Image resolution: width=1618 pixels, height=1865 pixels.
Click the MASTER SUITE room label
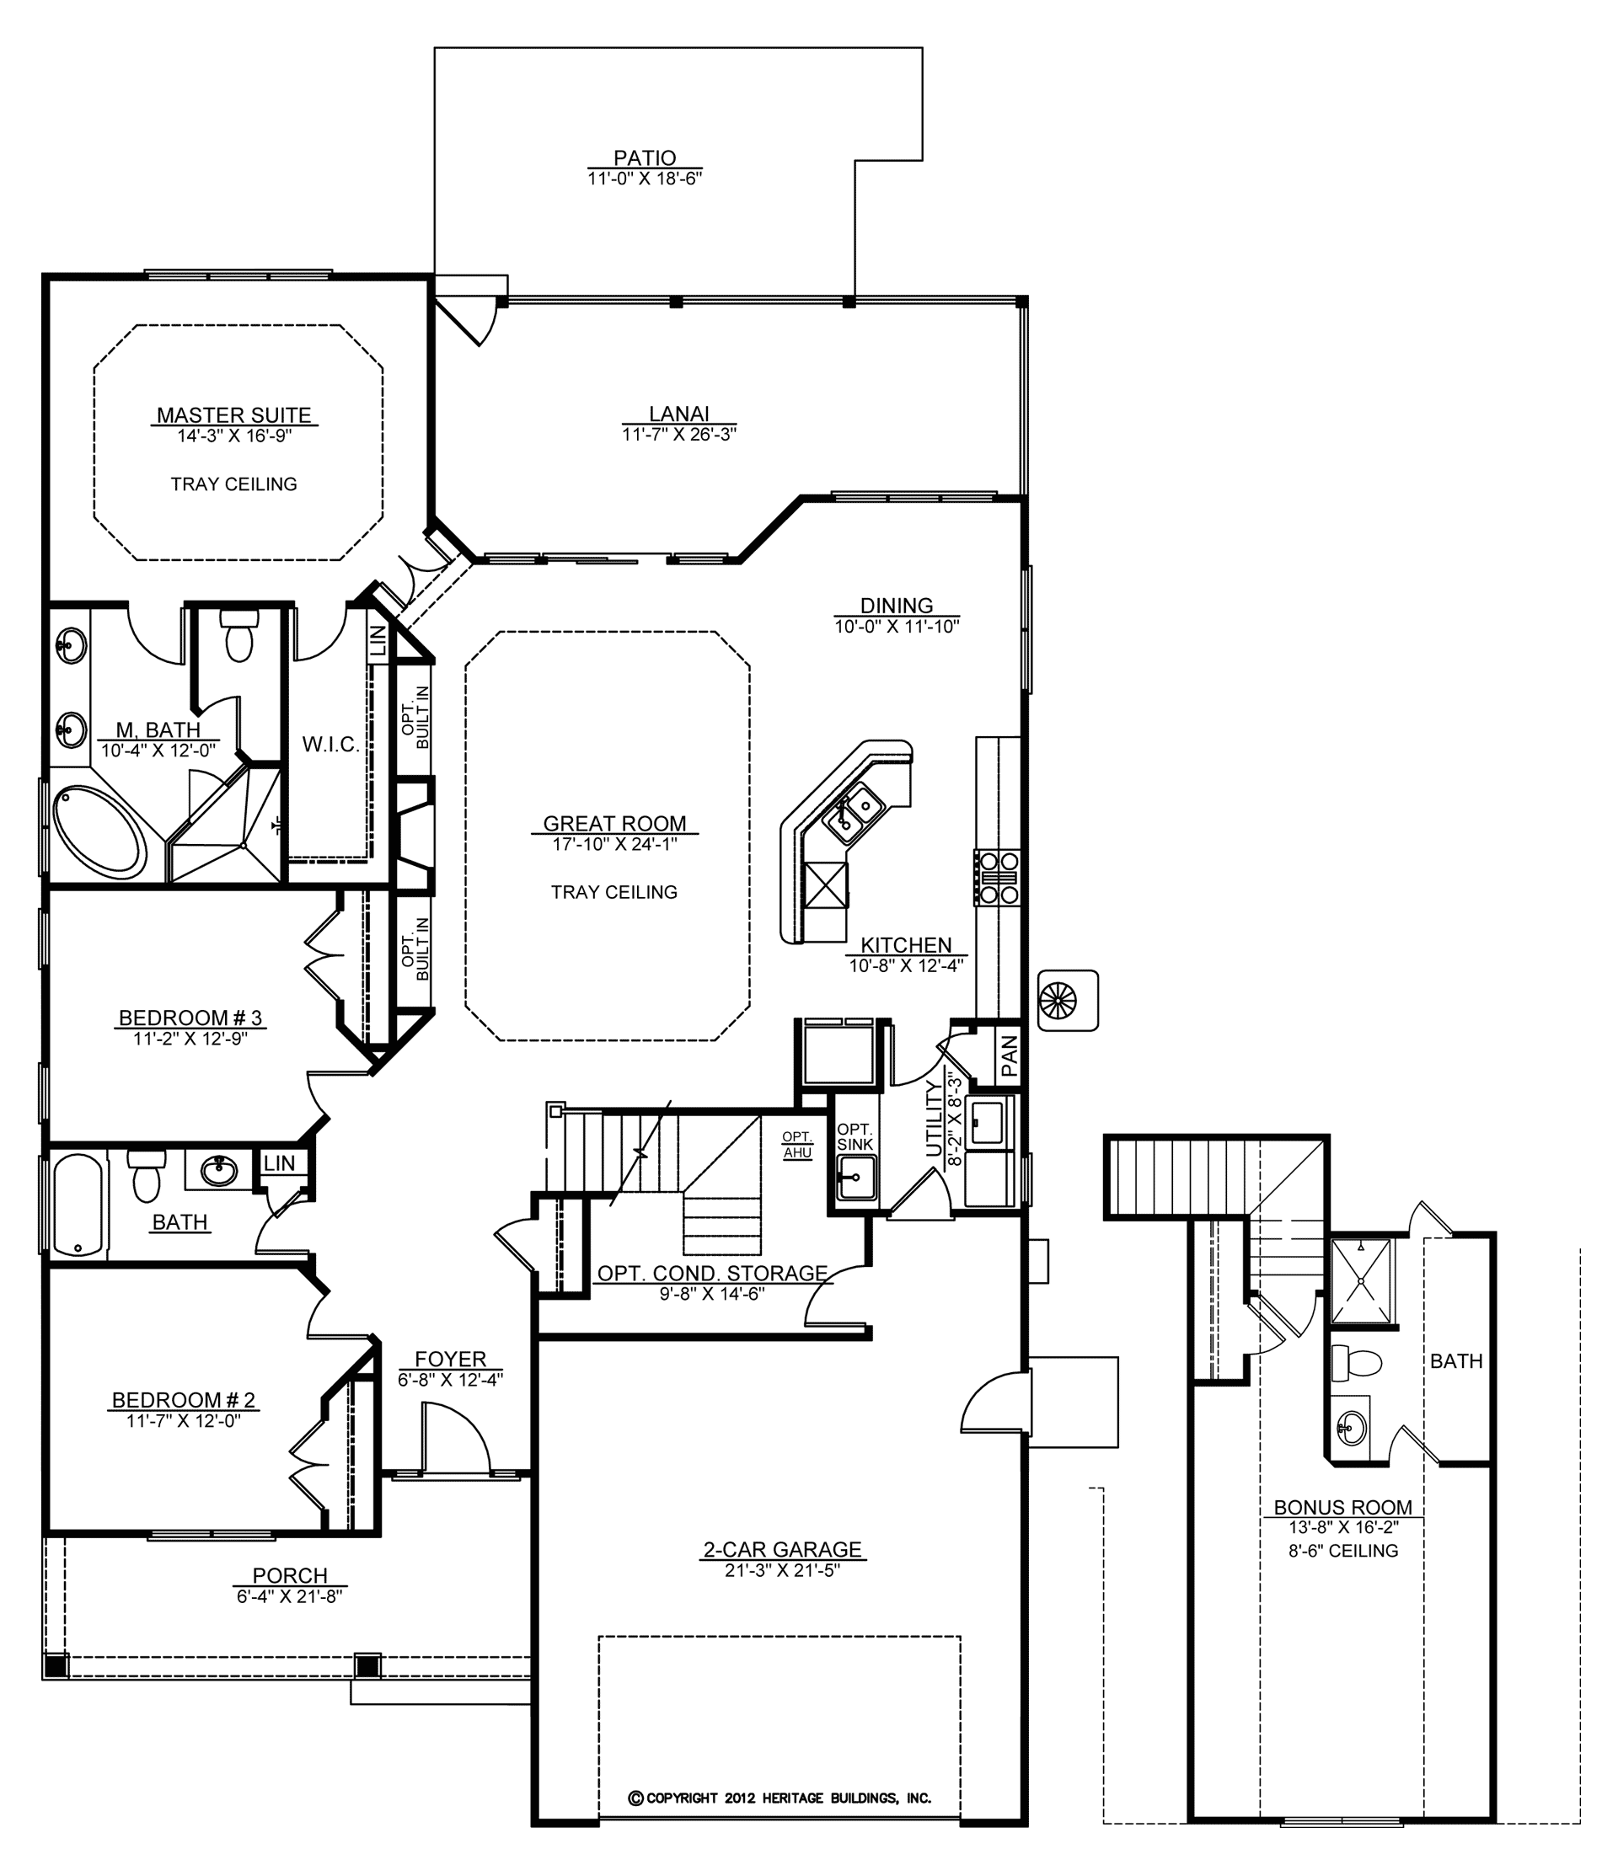(234, 415)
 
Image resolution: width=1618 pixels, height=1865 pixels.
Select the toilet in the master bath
(239, 635)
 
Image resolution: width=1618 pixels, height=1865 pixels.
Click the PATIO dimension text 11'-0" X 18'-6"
(645, 178)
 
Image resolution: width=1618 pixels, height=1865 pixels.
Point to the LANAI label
(679, 414)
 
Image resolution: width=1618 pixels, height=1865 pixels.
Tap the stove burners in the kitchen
(997, 878)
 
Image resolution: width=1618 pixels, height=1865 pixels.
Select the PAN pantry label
(1010, 1056)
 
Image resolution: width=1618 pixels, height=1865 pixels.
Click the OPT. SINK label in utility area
(855, 1137)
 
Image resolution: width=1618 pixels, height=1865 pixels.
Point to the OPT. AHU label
(797, 1145)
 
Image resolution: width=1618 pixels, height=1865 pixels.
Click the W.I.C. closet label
(330, 745)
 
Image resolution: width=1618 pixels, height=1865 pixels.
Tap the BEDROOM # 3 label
(190, 1018)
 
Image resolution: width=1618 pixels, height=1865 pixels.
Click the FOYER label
(451, 1360)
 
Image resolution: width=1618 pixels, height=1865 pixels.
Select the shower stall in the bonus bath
(1362, 1281)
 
